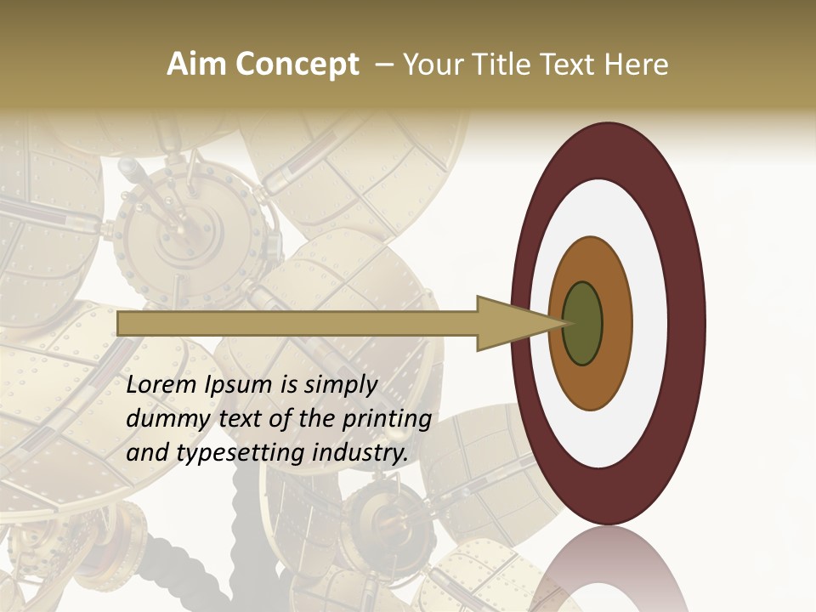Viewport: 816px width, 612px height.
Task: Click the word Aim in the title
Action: pyautogui.click(x=197, y=65)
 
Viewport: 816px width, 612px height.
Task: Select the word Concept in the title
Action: pyautogui.click(x=297, y=65)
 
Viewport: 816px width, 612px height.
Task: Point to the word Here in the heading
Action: pyautogui.click(x=636, y=65)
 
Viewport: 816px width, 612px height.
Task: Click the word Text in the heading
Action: pyautogui.click(x=570, y=65)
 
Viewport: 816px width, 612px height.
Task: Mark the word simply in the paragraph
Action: pyautogui.click(x=339, y=385)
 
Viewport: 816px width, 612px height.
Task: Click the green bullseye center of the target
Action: pyautogui.click(x=583, y=323)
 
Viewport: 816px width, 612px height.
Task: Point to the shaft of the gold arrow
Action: pyautogui.click(x=297, y=323)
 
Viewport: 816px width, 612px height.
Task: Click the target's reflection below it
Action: pyautogui.click(x=608, y=574)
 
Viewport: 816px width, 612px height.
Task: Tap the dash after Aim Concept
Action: pyautogui.click(x=383, y=65)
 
